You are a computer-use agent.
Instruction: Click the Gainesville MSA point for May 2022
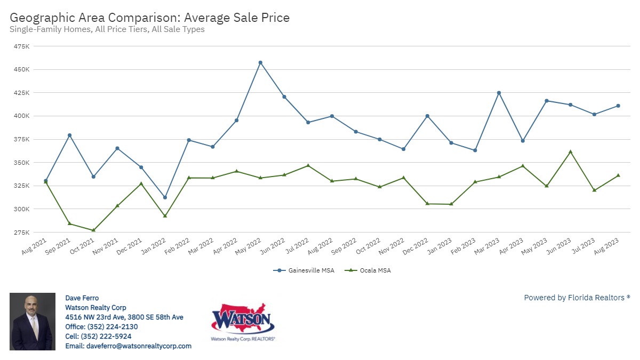[260, 62]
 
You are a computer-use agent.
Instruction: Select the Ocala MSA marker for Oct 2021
[93, 230]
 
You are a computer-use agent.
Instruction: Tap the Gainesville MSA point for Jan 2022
[165, 197]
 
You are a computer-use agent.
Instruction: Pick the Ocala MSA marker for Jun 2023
[571, 151]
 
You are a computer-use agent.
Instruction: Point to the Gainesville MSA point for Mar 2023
[499, 93]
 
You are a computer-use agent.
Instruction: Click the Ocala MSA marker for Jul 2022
[308, 165]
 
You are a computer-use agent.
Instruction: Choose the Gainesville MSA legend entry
[304, 270]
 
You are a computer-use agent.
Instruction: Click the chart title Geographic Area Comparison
[149, 18]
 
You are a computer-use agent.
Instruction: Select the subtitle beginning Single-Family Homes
[107, 29]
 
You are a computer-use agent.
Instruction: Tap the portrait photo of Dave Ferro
[33, 322]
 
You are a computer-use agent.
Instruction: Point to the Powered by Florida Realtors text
[577, 298]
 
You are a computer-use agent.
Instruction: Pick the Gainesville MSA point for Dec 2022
[427, 116]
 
